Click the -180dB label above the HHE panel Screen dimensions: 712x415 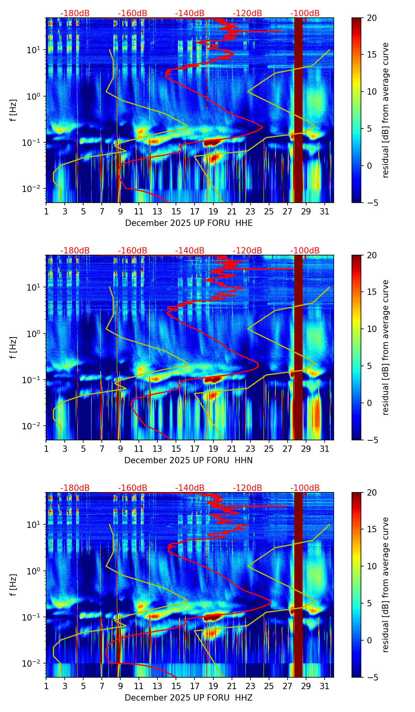pyautogui.click(x=75, y=13)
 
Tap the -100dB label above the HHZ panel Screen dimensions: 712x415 pyautogui.click(x=305, y=488)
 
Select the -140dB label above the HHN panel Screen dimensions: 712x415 pyautogui.click(x=190, y=251)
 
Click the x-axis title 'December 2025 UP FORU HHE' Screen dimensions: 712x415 pyautogui.click(x=189, y=223)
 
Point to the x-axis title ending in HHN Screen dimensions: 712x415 pyautogui.click(x=189, y=460)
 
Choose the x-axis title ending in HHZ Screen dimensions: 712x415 pyautogui.click(x=189, y=698)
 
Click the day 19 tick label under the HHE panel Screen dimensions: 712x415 pyautogui.click(x=213, y=212)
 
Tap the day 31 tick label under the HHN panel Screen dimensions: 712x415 pyautogui.click(x=325, y=449)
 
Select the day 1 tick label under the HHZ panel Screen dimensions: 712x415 pyautogui.click(x=46, y=686)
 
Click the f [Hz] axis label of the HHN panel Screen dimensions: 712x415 pyautogui.click(x=13, y=347)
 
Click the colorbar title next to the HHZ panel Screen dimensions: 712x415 pyautogui.click(x=385, y=585)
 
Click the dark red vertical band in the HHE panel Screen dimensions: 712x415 pyautogui.click(x=298, y=110)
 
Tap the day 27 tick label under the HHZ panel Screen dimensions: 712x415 pyautogui.click(x=288, y=686)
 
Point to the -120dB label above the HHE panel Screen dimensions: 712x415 pyautogui.click(x=247, y=13)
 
